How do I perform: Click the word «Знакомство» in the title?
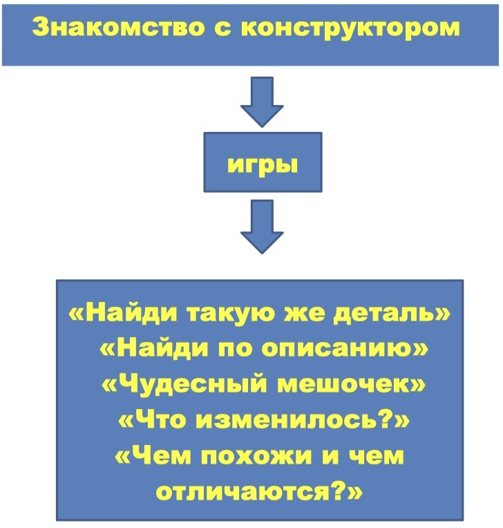pos(118,26)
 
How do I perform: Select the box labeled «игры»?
pos(263,162)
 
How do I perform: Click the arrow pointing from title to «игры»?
pos(262,102)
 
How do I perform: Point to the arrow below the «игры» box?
pos(262,227)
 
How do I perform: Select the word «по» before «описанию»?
pos(235,348)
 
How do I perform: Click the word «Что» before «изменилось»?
pos(160,420)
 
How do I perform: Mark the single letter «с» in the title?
pos(223,28)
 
